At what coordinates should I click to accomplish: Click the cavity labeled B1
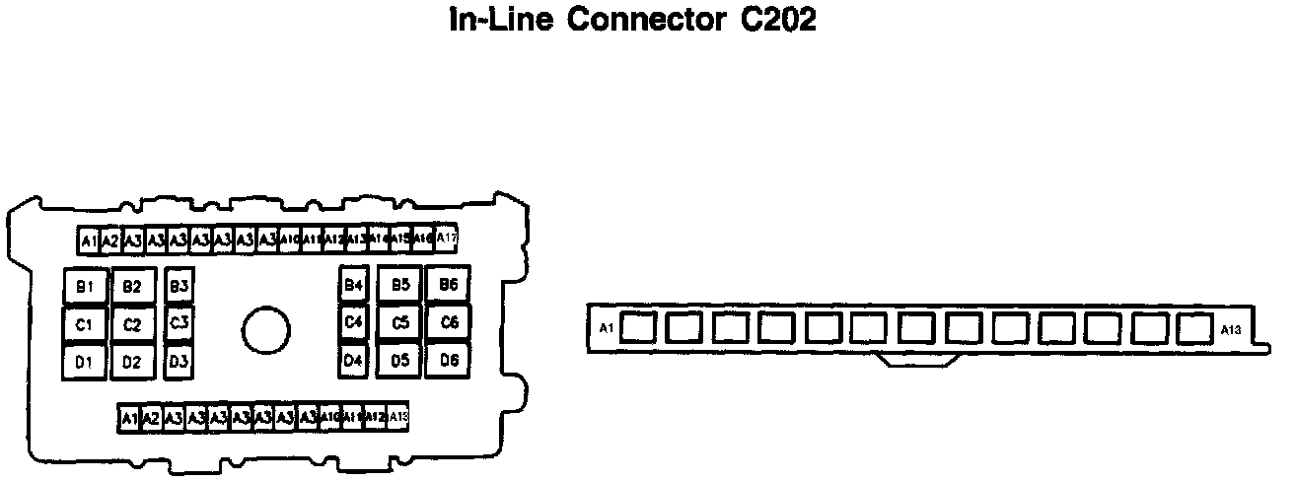click(x=85, y=286)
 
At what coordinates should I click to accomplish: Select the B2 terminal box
click(x=132, y=287)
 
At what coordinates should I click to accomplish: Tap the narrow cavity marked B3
click(x=179, y=286)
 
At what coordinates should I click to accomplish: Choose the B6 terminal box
click(x=449, y=285)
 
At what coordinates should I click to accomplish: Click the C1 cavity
click(x=85, y=323)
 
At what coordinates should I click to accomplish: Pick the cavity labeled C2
click(x=132, y=324)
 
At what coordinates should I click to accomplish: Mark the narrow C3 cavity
click(x=179, y=322)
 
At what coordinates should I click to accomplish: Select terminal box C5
click(x=399, y=322)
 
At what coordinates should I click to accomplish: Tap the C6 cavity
click(x=449, y=322)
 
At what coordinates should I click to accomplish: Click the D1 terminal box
click(x=85, y=362)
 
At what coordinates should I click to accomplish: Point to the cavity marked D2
click(x=132, y=362)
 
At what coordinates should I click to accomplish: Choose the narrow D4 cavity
click(x=354, y=361)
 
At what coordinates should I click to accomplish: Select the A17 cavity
click(x=447, y=238)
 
